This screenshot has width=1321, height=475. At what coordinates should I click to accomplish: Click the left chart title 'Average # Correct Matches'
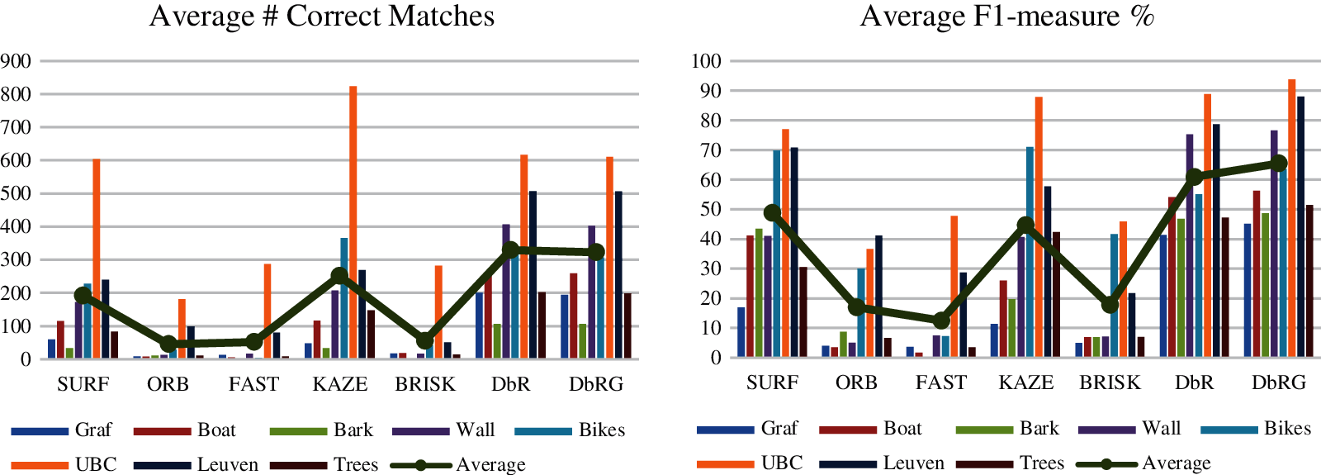point(322,17)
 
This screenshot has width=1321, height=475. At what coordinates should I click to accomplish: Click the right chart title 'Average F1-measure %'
point(1006,17)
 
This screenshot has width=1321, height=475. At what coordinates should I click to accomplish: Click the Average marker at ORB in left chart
point(168,344)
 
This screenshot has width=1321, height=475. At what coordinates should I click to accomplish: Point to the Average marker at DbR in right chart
point(1194,177)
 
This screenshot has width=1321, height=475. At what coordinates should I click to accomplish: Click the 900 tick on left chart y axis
point(17,61)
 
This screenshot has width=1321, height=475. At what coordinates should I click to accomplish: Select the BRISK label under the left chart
point(425,384)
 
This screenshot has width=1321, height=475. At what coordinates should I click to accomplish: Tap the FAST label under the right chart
point(941,382)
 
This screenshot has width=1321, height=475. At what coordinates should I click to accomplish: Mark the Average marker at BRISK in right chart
point(1110,305)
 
